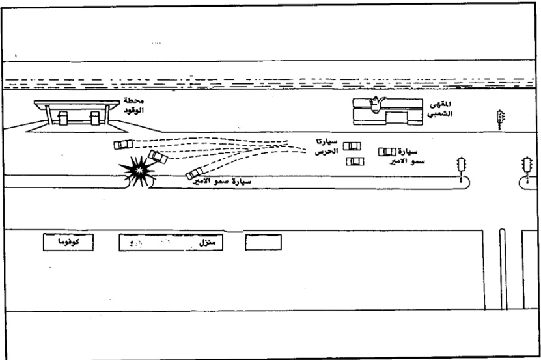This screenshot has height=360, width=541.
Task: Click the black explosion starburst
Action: point(137,171)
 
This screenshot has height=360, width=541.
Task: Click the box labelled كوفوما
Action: point(64,243)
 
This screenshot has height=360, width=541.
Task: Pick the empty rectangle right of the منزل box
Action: point(263,243)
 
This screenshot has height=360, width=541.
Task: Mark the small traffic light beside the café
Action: point(501,119)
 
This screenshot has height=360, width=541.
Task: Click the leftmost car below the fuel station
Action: point(122,144)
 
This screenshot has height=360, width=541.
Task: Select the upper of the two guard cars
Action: point(352,146)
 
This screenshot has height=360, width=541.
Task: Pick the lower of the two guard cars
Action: point(355,161)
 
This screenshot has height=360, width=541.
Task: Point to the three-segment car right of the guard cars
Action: point(387,152)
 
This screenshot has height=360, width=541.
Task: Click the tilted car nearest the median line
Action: point(195,174)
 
